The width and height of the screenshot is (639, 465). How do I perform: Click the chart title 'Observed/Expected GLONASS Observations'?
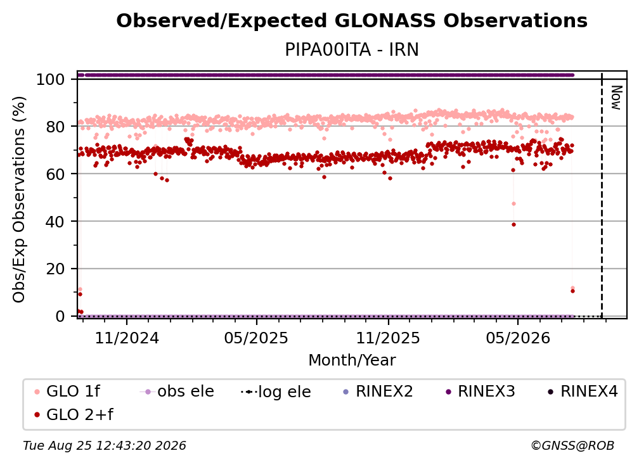pos(352,21)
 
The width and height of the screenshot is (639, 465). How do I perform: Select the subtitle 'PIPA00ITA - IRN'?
pos(352,49)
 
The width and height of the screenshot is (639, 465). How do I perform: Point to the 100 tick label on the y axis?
pos(50,79)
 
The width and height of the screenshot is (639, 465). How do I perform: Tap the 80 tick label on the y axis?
pos(55,127)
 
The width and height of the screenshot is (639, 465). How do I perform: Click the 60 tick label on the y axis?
pos(55,174)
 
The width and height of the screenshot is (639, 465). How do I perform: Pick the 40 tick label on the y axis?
pos(55,222)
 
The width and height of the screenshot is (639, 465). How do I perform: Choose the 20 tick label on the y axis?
pos(55,269)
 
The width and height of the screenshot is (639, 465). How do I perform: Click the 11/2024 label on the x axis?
pos(127,338)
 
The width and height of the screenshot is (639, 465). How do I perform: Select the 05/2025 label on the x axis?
pos(256,338)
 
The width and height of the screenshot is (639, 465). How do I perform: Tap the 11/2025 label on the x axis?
pos(388,338)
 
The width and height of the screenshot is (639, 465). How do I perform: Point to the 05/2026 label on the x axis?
pos(518,338)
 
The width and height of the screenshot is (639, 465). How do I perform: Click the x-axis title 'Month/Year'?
pos(352,360)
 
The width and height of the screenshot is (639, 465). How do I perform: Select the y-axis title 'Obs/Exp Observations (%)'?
pos(19,200)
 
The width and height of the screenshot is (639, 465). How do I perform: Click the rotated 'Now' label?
pos(616,98)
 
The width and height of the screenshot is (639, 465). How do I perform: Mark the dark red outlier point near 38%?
pos(513,224)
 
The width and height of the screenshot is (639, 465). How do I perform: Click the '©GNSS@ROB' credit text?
pos(572,446)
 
